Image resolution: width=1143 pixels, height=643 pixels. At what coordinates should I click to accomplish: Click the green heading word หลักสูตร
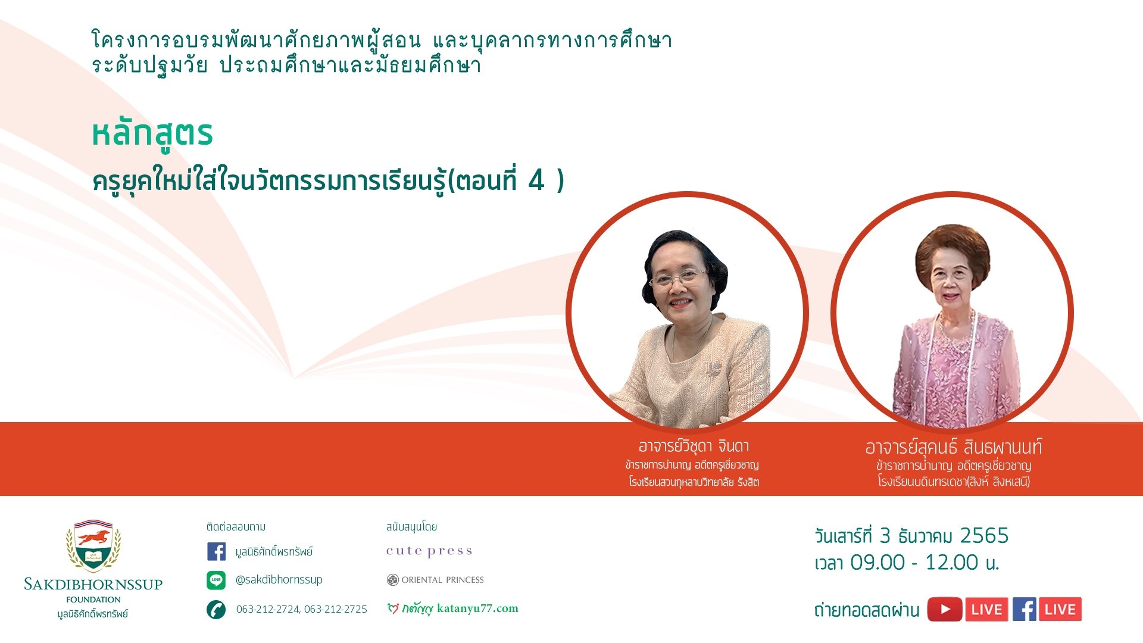pyautogui.click(x=152, y=135)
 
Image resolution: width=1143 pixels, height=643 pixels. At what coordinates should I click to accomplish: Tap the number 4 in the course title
pyautogui.click(x=536, y=180)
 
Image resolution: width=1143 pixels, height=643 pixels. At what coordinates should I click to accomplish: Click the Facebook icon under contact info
pyautogui.click(x=216, y=551)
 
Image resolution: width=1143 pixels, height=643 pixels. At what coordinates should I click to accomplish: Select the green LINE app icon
pyautogui.click(x=216, y=580)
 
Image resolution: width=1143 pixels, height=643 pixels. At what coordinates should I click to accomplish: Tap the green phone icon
pyautogui.click(x=216, y=609)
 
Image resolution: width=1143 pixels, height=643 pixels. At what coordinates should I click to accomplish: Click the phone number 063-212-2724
pyautogui.click(x=267, y=609)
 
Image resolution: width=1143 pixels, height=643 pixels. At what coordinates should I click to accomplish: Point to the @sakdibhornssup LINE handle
pyautogui.click(x=279, y=579)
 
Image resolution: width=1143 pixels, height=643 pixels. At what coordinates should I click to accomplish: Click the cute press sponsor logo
pyautogui.click(x=429, y=551)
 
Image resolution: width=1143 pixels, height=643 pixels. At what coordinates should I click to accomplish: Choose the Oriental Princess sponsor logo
pyautogui.click(x=435, y=580)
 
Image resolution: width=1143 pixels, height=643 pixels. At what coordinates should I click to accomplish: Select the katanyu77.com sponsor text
pyautogui.click(x=477, y=608)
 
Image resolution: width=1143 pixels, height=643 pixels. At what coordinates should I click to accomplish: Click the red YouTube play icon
pyautogui.click(x=945, y=609)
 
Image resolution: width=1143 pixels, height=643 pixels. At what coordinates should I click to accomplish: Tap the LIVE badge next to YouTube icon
pyautogui.click(x=986, y=609)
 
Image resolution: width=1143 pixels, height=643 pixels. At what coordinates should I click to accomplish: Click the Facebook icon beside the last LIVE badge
pyautogui.click(x=1024, y=609)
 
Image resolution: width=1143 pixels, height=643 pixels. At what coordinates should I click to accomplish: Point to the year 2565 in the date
pyautogui.click(x=985, y=536)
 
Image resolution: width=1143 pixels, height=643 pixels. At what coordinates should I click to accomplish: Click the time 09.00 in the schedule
pyautogui.click(x=877, y=563)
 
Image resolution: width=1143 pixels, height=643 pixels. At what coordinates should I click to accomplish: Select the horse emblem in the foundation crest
pyautogui.click(x=93, y=538)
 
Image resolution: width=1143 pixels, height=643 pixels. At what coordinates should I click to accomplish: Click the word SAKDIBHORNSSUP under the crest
pyautogui.click(x=93, y=584)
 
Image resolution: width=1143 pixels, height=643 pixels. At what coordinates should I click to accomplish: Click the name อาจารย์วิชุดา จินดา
pyautogui.click(x=694, y=446)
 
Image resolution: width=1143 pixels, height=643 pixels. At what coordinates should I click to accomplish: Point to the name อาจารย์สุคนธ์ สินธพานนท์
pyautogui.click(x=953, y=447)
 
